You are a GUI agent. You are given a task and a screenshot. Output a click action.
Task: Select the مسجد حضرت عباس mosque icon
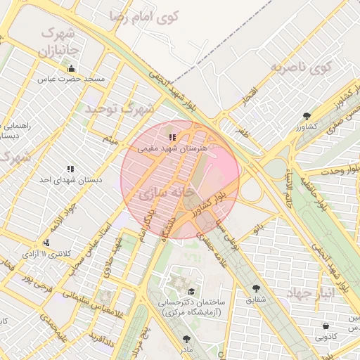click(x=71, y=68)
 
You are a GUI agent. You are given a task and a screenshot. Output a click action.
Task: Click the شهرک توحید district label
click(x=120, y=109)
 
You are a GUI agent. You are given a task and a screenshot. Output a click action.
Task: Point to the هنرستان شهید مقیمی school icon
click(x=173, y=136)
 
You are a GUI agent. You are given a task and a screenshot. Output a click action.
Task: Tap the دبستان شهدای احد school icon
click(x=70, y=169)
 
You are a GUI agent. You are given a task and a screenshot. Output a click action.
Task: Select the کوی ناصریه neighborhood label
click(x=300, y=67)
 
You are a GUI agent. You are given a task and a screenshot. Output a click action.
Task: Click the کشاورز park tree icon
click(x=306, y=116)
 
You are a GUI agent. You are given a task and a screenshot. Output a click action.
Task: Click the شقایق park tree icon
click(x=256, y=288)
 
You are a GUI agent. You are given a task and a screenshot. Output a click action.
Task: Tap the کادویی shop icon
click(x=326, y=326)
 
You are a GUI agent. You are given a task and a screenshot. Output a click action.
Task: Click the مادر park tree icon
click(x=186, y=337)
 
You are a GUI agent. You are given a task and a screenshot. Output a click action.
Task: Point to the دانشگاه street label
click(x=167, y=226)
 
